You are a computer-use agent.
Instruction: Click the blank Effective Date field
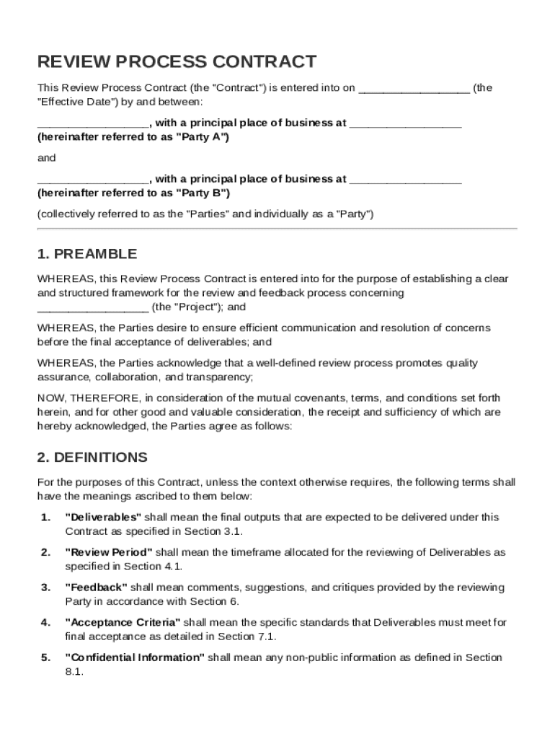coord(414,89)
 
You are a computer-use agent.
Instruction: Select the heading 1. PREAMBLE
coord(86,254)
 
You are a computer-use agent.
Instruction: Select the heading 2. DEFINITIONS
coord(92,458)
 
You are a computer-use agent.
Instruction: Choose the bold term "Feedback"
coord(96,587)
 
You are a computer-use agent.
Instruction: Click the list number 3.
coord(45,587)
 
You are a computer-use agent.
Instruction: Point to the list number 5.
coord(45,657)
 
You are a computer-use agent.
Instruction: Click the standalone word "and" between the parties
coord(46,158)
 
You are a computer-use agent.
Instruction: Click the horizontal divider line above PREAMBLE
coord(277,229)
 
